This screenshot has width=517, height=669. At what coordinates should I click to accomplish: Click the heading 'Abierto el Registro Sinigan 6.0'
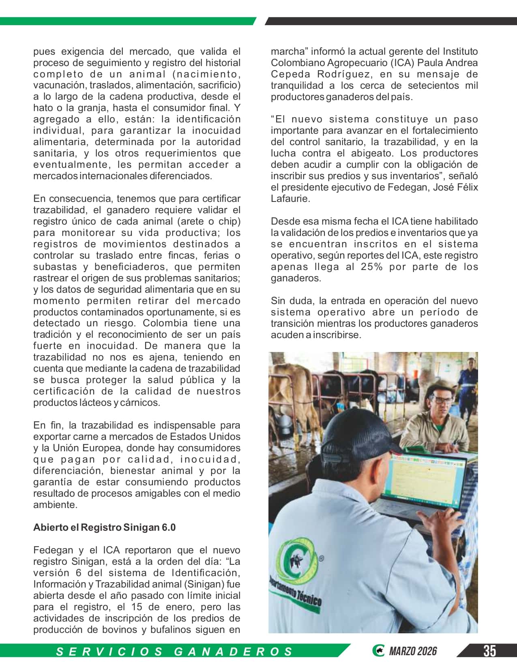(104, 527)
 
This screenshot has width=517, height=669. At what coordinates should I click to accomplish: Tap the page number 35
(489, 651)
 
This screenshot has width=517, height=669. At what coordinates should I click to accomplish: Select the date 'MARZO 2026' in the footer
(413, 651)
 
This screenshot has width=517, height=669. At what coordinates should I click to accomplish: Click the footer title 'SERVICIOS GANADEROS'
(174, 651)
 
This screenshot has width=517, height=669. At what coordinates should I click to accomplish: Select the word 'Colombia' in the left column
(165, 323)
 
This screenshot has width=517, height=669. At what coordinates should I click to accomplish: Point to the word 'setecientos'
(430, 86)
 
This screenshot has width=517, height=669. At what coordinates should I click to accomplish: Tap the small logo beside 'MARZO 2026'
(378, 651)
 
